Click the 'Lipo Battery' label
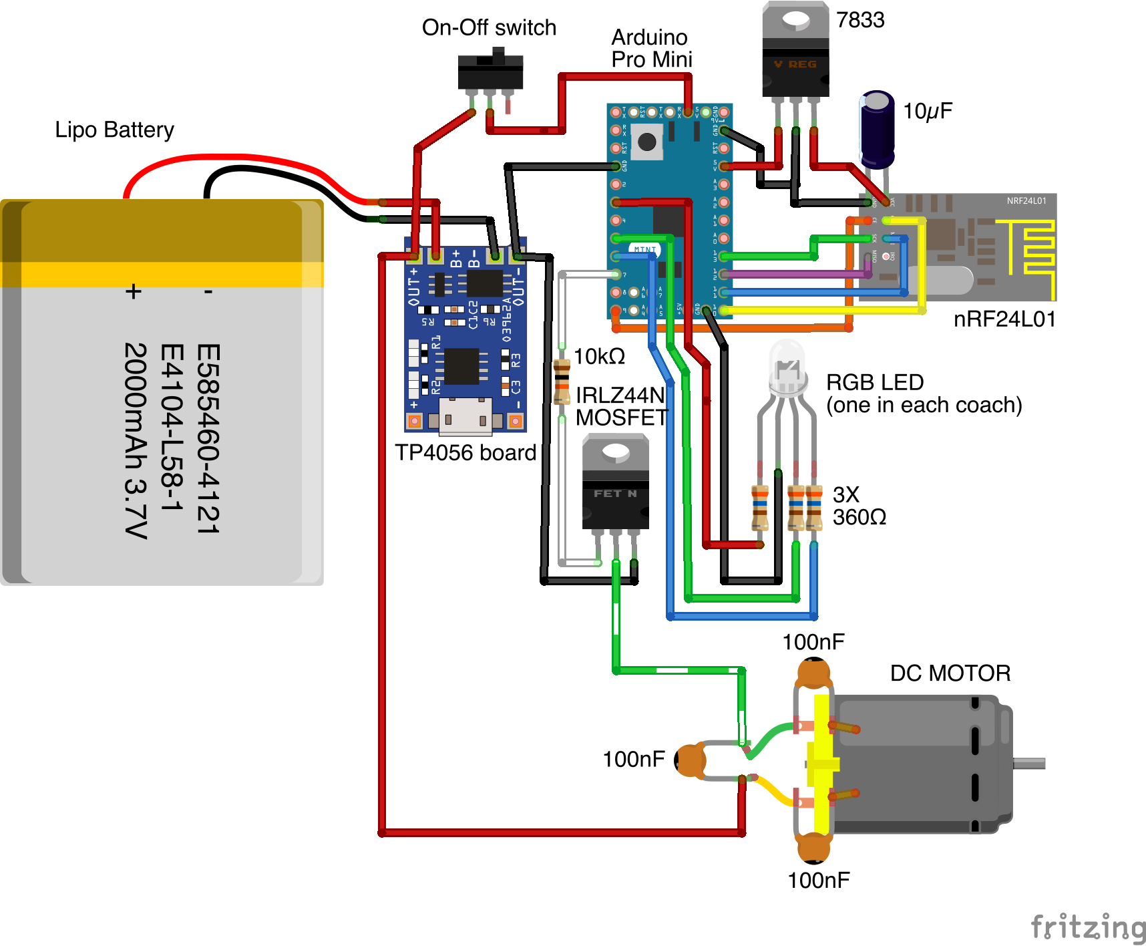tap(114, 130)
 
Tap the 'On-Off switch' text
tap(489, 28)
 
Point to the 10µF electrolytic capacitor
tap(876, 129)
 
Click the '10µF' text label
tap(927, 111)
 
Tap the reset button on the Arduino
tap(646, 142)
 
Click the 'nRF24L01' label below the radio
tap(1004, 319)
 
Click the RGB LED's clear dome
tap(788, 364)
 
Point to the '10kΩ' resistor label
tap(599, 357)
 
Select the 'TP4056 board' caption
tap(465, 453)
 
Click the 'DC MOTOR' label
tap(950, 673)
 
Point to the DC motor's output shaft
tap(1029, 763)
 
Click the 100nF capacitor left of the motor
tap(691, 760)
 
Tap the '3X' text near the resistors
tap(845, 494)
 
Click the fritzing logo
tap(1088, 927)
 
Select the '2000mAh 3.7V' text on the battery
tap(136, 440)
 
